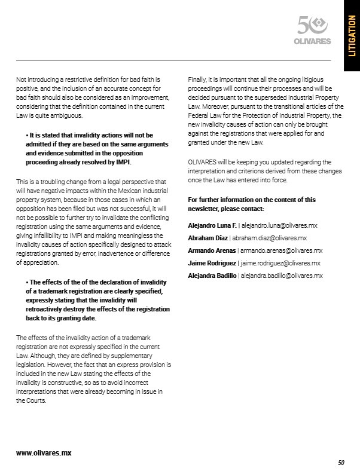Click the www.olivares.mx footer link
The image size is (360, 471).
tap(44, 452)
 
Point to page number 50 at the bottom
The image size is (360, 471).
tap(341, 462)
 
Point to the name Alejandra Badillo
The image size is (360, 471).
tap(212, 276)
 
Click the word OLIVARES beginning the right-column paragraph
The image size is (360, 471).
tap(202, 163)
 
